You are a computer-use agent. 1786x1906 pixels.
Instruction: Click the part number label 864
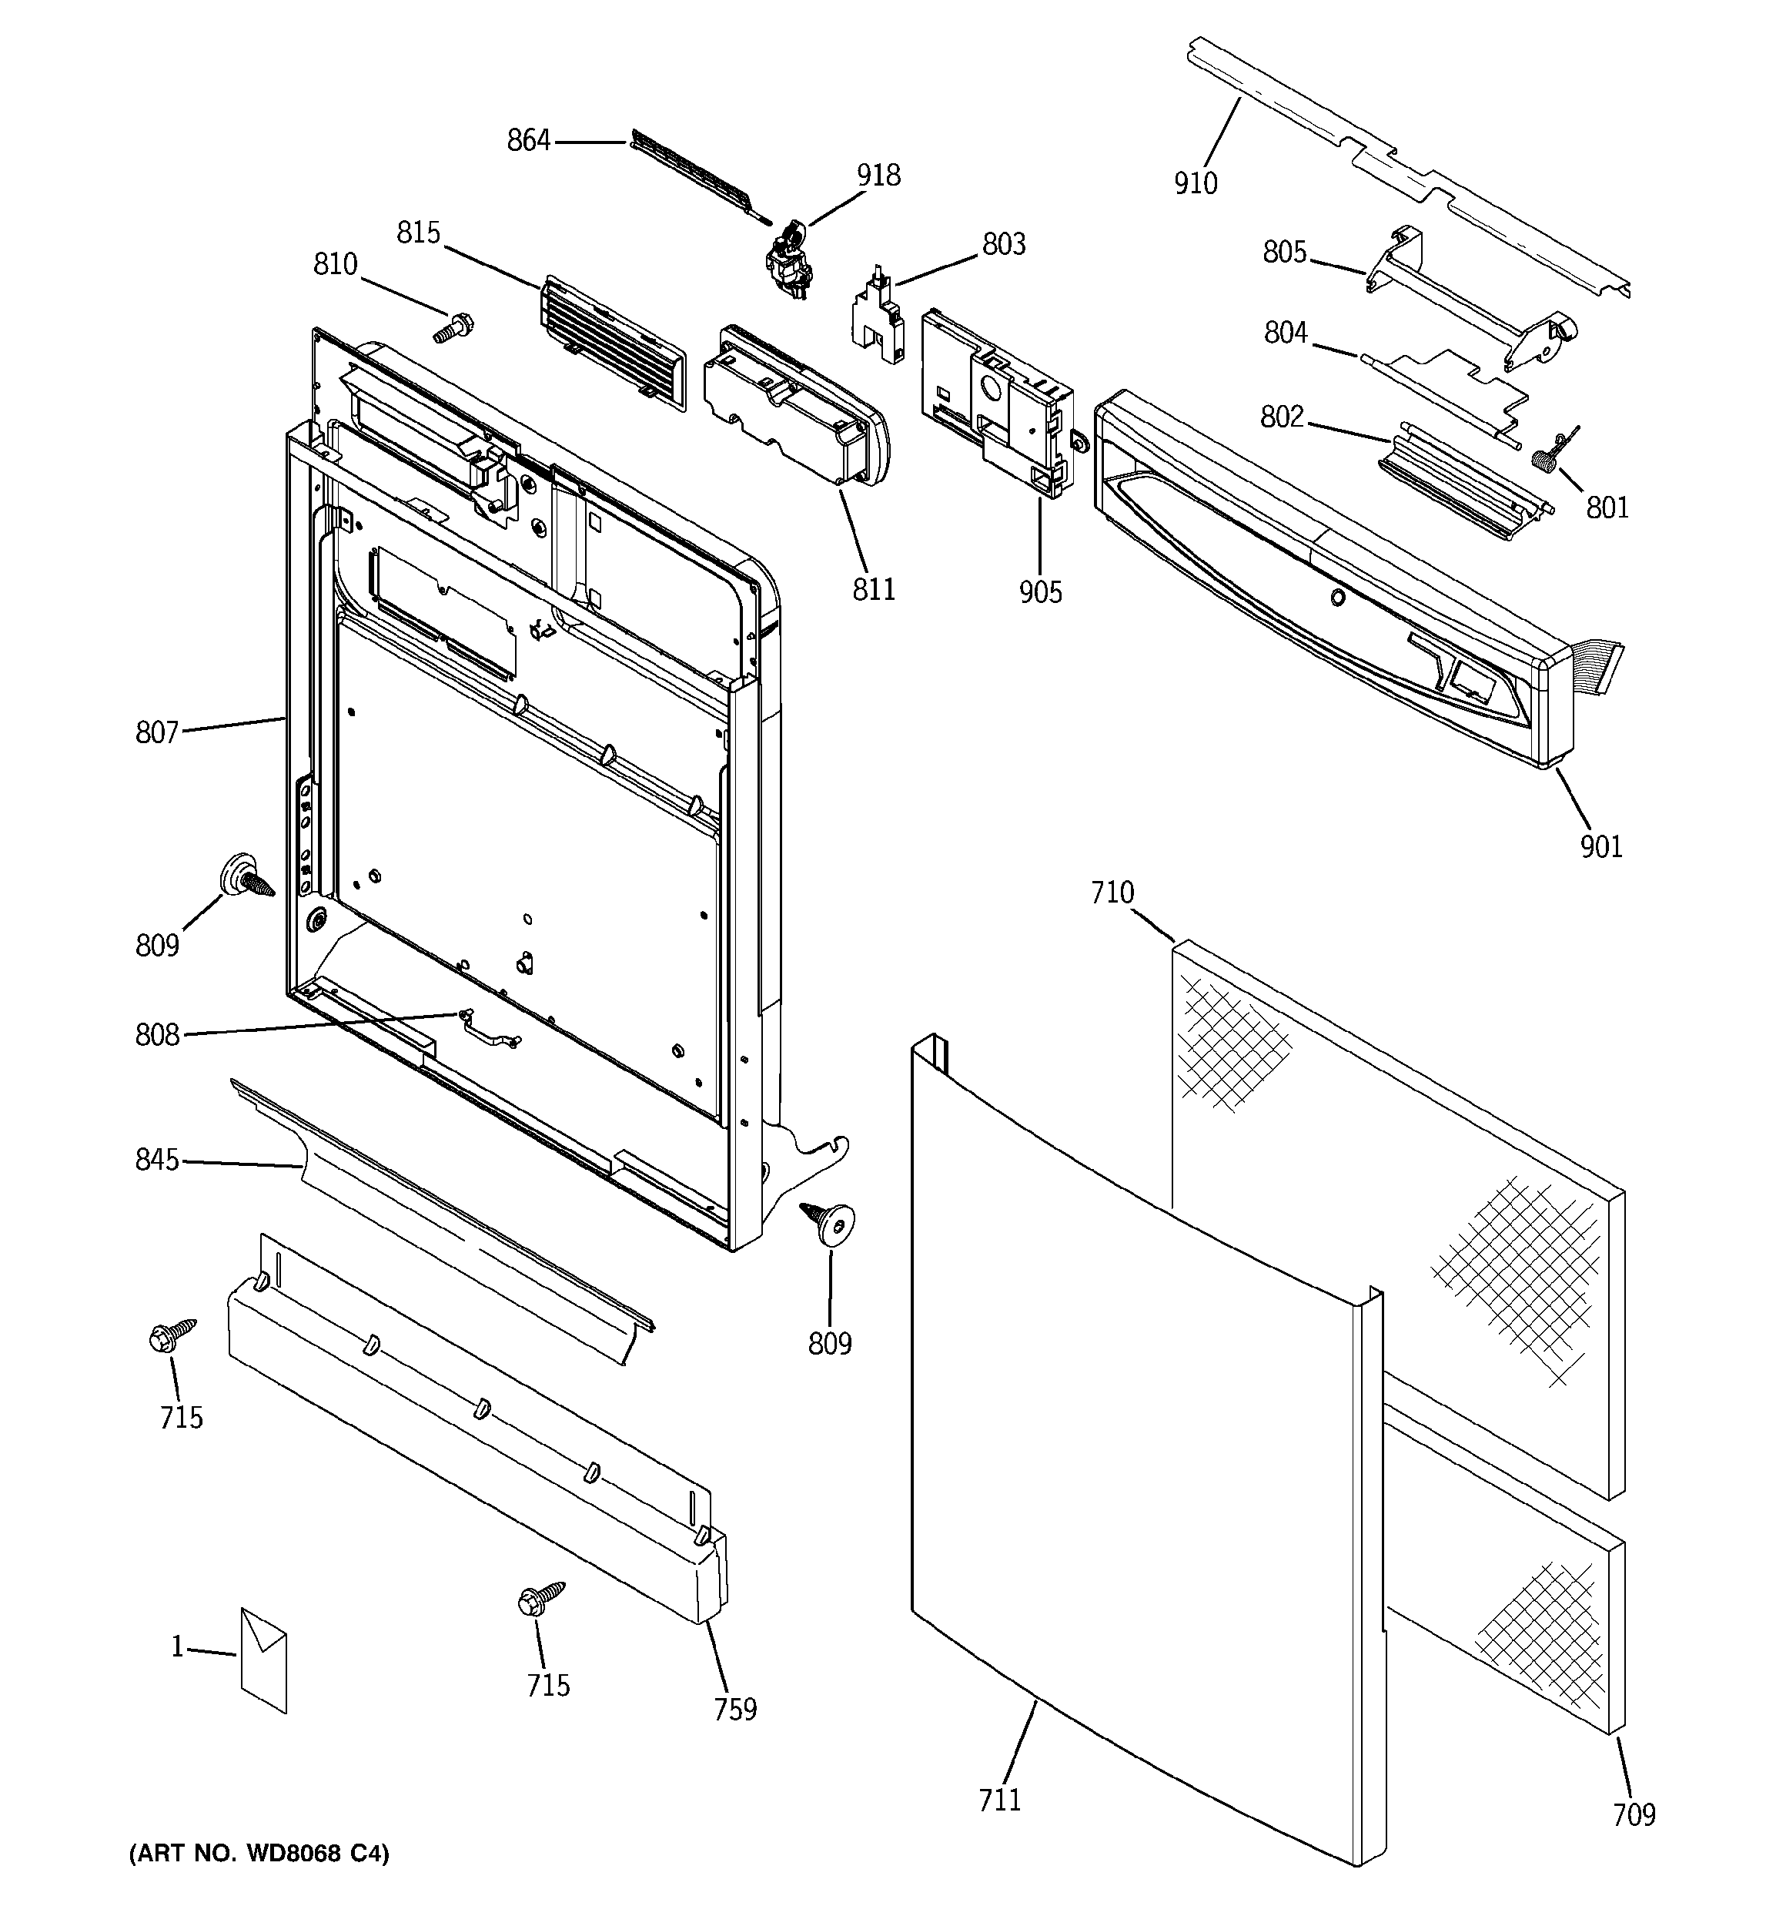[528, 141]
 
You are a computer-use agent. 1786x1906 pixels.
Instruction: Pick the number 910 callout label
[1196, 183]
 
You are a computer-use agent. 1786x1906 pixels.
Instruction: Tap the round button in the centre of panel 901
[1336, 598]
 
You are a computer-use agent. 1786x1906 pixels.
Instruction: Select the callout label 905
[1040, 592]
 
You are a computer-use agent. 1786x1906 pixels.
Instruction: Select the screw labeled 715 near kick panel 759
[538, 1600]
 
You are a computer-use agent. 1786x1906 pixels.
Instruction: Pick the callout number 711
[1000, 1800]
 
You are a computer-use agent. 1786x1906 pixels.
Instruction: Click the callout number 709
[1634, 1814]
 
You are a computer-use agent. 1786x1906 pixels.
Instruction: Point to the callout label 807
[157, 732]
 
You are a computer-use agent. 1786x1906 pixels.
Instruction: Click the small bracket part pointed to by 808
[489, 1026]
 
